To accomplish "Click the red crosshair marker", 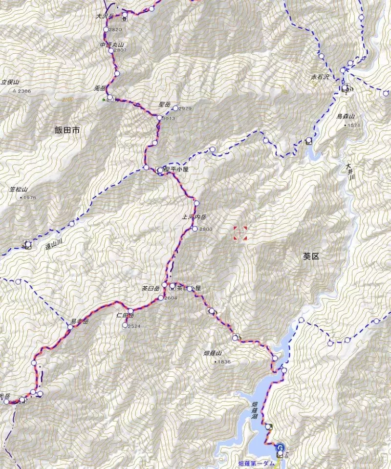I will pyautogui.click(x=240, y=234).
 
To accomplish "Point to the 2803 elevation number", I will pyautogui.click(x=205, y=229).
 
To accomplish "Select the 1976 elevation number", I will pyautogui.click(x=29, y=197).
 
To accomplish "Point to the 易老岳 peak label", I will pyautogui.click(x=79, y=321).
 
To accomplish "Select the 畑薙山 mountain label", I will pyautogui.click(x=213, y=353).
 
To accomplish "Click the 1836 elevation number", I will pyautogui.click(x=223, y=362).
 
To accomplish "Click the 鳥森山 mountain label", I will pyautogui.click(x=345, y=116).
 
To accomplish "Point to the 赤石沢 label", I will pyautogui.click(x=321, y=77).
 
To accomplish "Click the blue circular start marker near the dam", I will pyautogui.click(x=280, y=447).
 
